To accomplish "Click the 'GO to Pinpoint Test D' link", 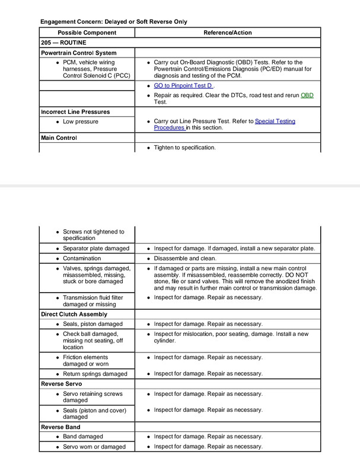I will [183, 86].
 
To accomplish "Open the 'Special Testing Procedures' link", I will [275, 121].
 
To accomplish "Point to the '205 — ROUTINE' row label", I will [64, 43].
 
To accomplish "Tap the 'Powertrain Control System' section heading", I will [78, 53].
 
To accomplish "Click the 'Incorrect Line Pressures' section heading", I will [75, 111].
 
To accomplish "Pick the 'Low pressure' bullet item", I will [80, 121].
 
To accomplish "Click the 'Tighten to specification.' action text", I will [184, 147].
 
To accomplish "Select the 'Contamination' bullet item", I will [81, 258].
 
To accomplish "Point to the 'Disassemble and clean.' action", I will [186, 258].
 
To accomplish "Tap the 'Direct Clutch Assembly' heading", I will [74, 313].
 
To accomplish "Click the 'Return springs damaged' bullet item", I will [95, 374].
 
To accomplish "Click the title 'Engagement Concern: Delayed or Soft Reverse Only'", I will [114, 21].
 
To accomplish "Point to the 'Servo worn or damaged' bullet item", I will [94, 446].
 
